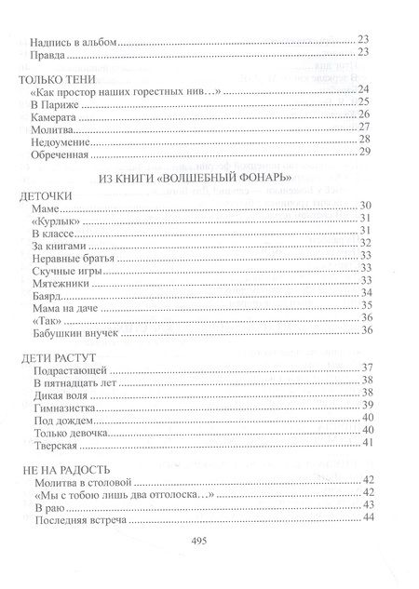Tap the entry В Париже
[x=52, y=103]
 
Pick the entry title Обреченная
[x=58, y=154]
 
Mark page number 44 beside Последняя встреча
[x=366, y=520]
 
